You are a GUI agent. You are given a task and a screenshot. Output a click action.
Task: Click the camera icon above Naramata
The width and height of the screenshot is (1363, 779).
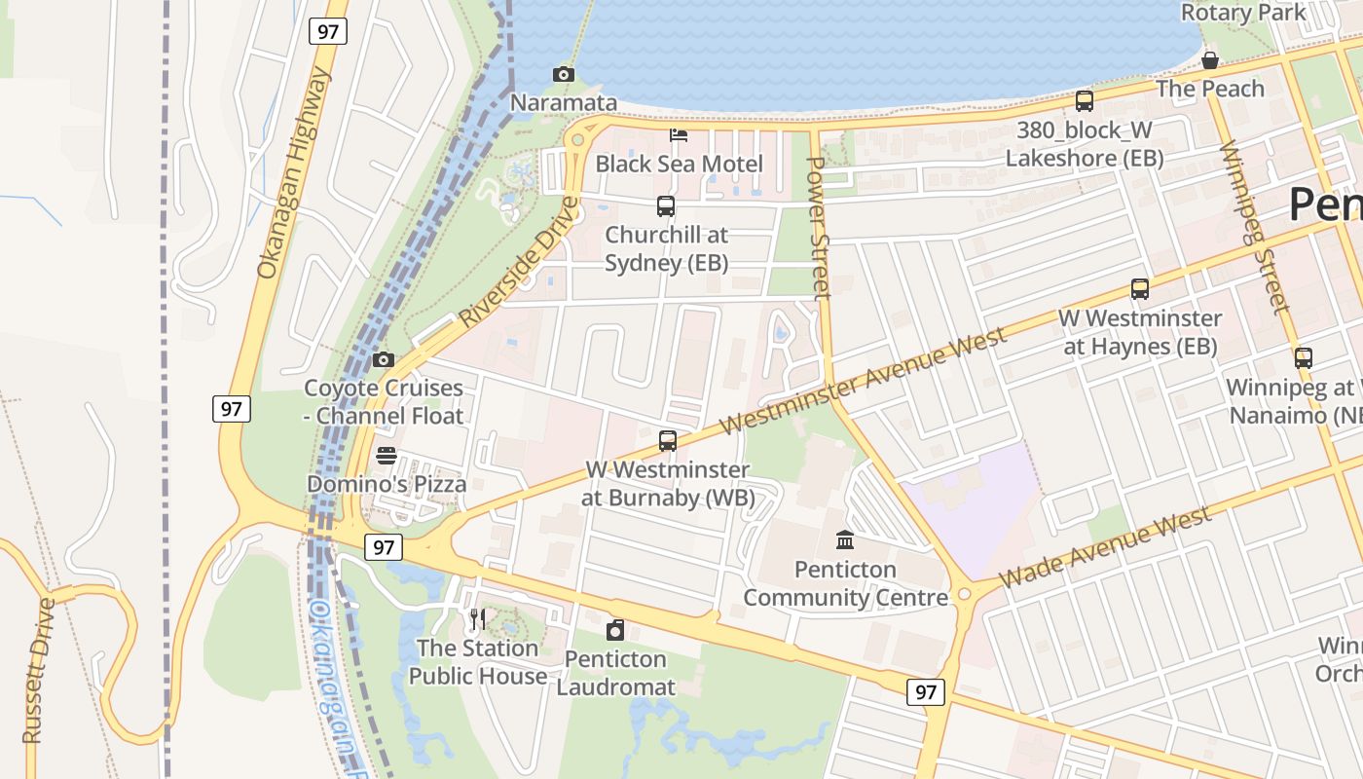[x=563, y=75]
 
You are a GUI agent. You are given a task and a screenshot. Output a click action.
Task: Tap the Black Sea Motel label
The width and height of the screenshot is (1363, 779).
[x=679, y=164]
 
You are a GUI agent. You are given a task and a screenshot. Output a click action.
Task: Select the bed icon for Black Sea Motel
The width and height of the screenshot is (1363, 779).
[x=679, y=134]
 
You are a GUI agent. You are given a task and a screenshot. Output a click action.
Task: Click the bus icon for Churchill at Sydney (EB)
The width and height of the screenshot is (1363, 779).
[x=666, y=206]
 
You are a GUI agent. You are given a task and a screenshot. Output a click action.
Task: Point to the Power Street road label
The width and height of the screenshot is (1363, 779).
[x=818, y=226]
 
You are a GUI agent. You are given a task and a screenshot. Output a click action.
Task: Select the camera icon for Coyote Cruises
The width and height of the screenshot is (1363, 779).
[x=384, y=360]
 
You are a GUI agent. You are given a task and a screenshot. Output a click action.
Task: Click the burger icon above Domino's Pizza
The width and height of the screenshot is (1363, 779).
[x=387, y=456]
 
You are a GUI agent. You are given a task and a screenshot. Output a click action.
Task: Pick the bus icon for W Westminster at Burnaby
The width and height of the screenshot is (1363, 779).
[x=668, y=440]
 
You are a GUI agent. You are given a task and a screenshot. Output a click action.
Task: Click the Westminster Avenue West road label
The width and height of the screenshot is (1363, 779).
[x=865, y=381]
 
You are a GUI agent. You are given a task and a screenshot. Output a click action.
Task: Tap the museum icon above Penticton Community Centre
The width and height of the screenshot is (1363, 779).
[x=845, y=539]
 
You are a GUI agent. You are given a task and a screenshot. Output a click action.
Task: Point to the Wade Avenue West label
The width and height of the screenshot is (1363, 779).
[x=1104, y=547]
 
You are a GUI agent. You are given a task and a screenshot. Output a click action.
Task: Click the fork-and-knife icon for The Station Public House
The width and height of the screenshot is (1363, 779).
[x=477, y=618]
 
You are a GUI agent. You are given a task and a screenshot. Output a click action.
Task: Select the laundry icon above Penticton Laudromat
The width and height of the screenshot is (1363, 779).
[x=614, y=630]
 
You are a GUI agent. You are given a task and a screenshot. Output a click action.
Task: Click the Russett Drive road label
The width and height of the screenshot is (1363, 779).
[x=38, y=671]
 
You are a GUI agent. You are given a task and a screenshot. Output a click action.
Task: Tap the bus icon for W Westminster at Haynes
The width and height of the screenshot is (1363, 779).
[x=1140, y=289]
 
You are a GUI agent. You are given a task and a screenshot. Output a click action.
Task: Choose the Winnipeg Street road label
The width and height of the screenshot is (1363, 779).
[x=1255, y=228]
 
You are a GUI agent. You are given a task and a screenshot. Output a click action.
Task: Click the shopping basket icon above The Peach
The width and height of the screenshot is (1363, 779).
[x=1210, y=60]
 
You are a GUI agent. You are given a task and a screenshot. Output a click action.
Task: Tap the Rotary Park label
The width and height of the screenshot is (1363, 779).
[x=1243, y=13]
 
